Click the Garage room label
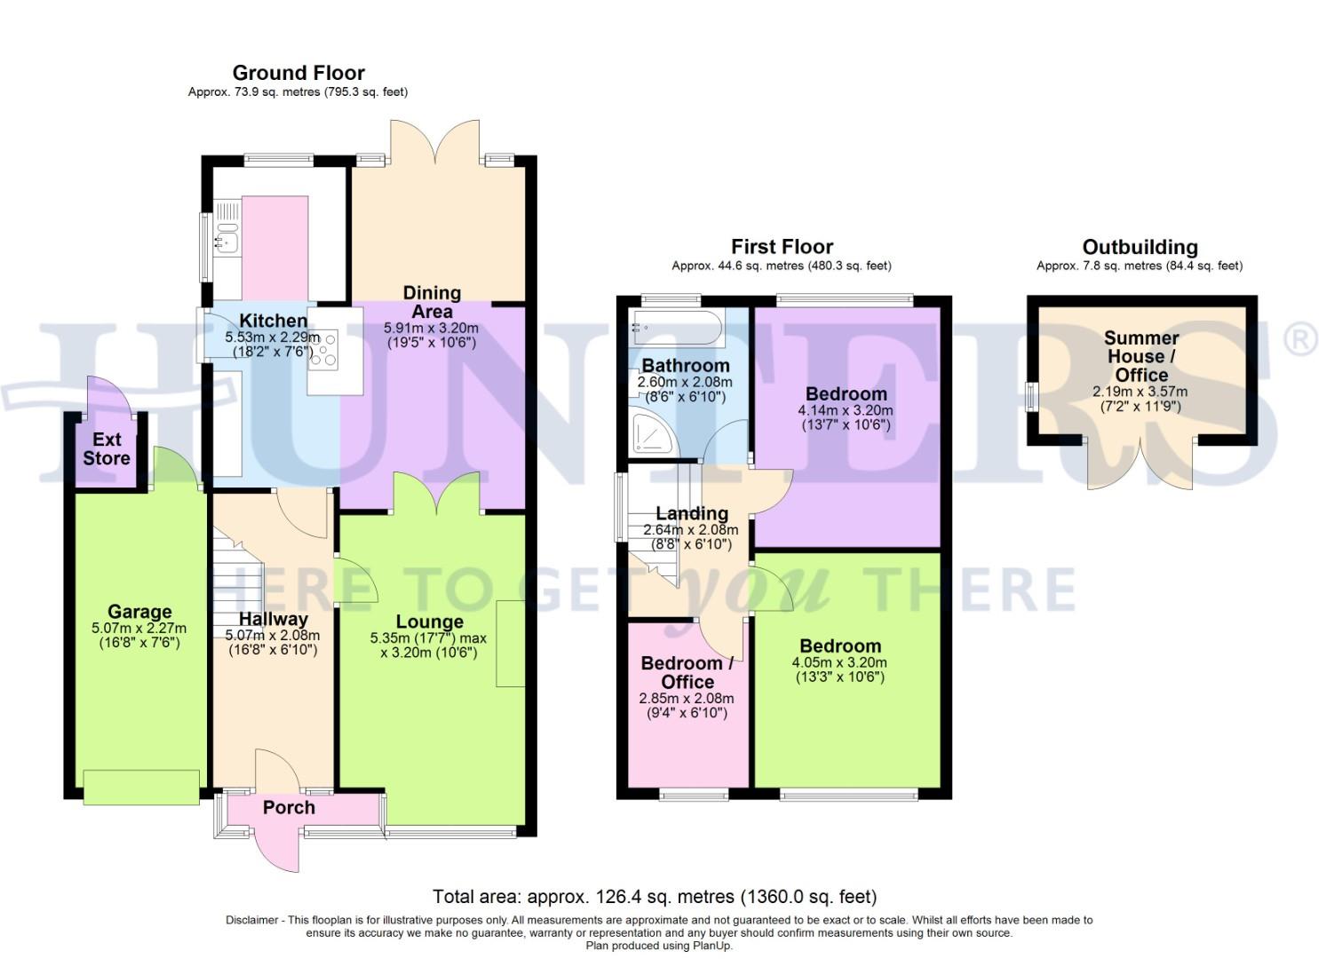click(x=139, y=612)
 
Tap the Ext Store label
click(x=107, y=448)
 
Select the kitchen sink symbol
click(x=227, y=239)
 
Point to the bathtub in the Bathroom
click(x=676, y=329)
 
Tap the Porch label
click(x=289, y=807)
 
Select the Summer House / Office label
click(x=1140, y=356)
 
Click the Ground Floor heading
click(x=298, y=73)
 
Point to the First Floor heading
click(x=782, y=247)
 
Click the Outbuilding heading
click(x=1140, y=248)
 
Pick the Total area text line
click(x=655, y=896)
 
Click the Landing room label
click(x=692, y=513)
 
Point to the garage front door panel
click(x=141, y=787)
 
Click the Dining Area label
click(x=432, y=302)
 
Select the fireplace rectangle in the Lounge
click(x=510, y=643)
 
